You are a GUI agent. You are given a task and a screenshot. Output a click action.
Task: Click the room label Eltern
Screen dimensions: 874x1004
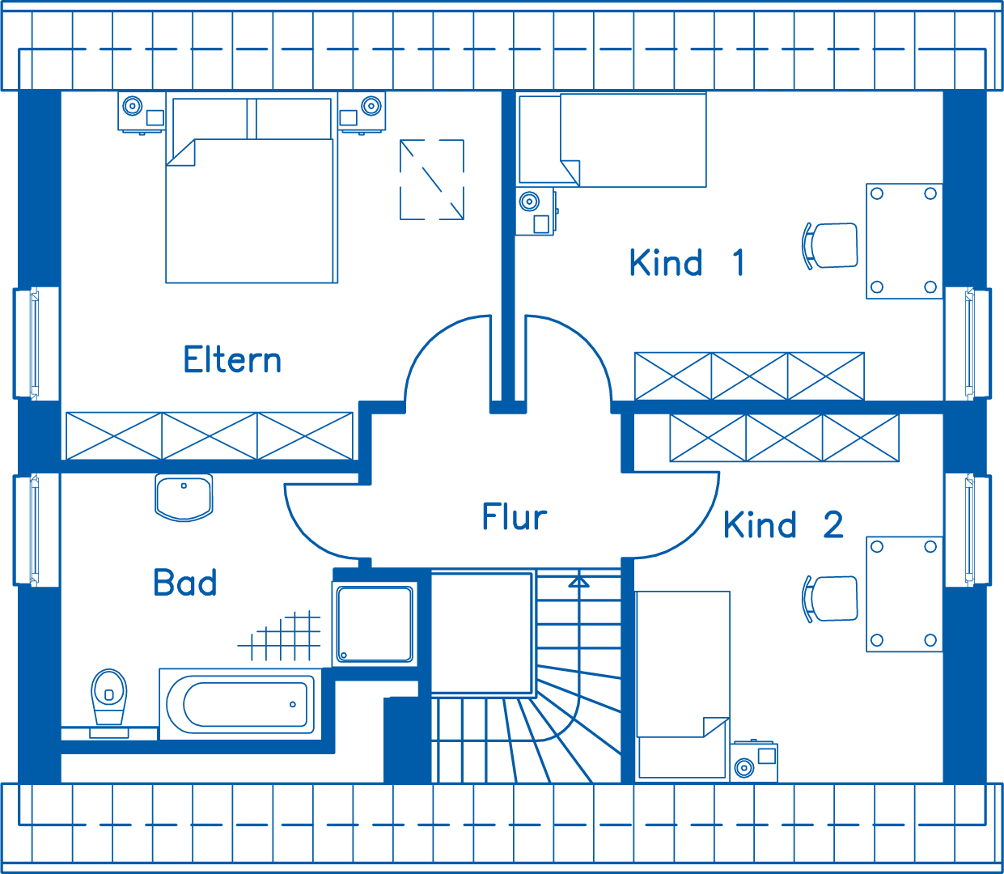pyautogui.click(x=232, y=360)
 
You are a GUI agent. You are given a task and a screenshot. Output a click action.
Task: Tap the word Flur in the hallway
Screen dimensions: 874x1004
pyautogui.click(x=515, y=517)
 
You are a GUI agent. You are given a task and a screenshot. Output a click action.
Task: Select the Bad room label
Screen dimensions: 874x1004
pyautogui.click(x=185, y=583)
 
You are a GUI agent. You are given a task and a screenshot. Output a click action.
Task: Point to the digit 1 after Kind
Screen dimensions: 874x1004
pyautogui.click(x=738, y=263)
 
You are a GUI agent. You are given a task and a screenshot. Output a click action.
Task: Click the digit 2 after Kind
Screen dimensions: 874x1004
pyautogui.click(x=833, y=525)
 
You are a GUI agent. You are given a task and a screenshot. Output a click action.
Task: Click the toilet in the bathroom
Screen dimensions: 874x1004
pyautogui.click(x=108, y=698)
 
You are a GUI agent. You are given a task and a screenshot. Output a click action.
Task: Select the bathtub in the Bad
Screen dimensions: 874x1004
pyautogui.click(x=240, y=704)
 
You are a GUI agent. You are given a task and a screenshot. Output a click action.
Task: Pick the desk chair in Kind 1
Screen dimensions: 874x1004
pyautogui.click(x=832, y=245)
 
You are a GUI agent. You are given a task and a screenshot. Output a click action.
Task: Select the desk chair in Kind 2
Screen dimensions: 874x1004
pyautogui.click(x=832, y=599)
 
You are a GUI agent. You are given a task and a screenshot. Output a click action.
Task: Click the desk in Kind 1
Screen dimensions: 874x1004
pyautogui.click(x=904, y=240)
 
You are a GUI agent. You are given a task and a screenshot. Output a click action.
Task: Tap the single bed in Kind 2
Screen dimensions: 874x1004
pyautogui.click(x=684, y=684)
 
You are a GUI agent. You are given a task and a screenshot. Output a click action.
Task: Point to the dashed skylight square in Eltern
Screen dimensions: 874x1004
pyautogui.click(x=432, y=179)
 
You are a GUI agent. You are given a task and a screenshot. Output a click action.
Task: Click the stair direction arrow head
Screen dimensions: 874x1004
pyautogui.click(x=578, y=580)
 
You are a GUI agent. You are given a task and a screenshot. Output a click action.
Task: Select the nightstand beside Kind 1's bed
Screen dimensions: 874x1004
pyautogui.click(x=536, y=211)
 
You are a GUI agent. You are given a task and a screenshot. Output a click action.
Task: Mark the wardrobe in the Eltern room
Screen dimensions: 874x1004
pyautogui.click(x=209, y=435)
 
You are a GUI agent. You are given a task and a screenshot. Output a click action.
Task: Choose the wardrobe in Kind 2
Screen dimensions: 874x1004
pyautogui.click(x=784, y=438)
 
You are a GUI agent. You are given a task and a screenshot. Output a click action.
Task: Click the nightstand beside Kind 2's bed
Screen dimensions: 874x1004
pyautogui.click(x=754, y=762)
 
